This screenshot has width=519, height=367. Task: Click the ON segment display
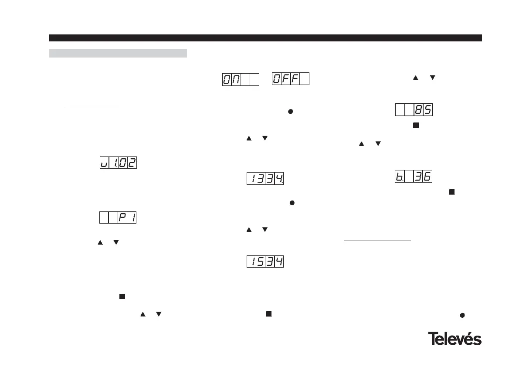pyautogui.click(x=241, y=80)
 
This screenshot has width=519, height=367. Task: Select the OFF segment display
pyautogui.click(x=291, y=79)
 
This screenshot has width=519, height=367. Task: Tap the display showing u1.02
pyautogui.click(x=118, y=163)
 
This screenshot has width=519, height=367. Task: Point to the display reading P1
pyautogui.click(x=118, y=217)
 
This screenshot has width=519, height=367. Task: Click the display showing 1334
pyautogui.click(x=265, y=179)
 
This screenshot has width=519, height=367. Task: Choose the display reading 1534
pyautogui.click(x=265, y=262)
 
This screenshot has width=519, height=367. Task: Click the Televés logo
pyautogui.click(x=455, y=339)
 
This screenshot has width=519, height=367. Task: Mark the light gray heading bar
pyautogui.click(x=118, y=53)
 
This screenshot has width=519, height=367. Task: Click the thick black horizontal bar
pyautogui.click(x=265, y=38)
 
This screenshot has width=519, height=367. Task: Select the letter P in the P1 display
pyautogui.click(x=122, y=217)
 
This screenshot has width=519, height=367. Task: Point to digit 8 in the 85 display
pyautogui.click(x=418, y=110)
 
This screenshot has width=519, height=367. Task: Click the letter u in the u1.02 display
pyautogui.click(x=104, y=163)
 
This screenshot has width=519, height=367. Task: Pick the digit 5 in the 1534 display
pyautogui.click(x=261, y=262)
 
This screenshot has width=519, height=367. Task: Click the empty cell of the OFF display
pyautogui.click(x=305, y=79)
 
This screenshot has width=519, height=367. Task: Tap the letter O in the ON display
pyautogui.click(x=227, y=80)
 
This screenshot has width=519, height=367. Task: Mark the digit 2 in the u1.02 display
pyautogui.click(x=132, y=163)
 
